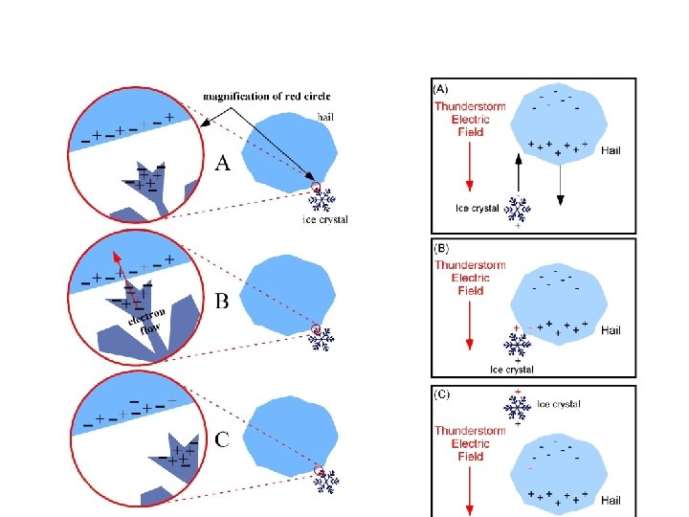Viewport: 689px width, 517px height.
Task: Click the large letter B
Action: (222, 303)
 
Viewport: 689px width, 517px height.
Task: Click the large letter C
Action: (222, 440)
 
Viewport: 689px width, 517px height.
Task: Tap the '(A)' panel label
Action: (443, 89)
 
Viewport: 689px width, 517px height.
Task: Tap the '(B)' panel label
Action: (443, 248)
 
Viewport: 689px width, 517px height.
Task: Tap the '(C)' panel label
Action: (443, 393)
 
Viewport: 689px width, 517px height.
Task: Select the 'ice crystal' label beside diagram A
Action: (325, 220)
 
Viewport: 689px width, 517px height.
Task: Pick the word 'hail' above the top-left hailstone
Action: (326, 117)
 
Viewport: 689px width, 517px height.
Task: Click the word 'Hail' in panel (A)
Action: (611, 150)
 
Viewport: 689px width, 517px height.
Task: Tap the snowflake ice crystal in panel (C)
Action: (518, 408)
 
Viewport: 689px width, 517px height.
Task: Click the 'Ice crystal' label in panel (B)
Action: (511, 370)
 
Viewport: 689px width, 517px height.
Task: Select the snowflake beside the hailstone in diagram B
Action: (324, 339)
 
